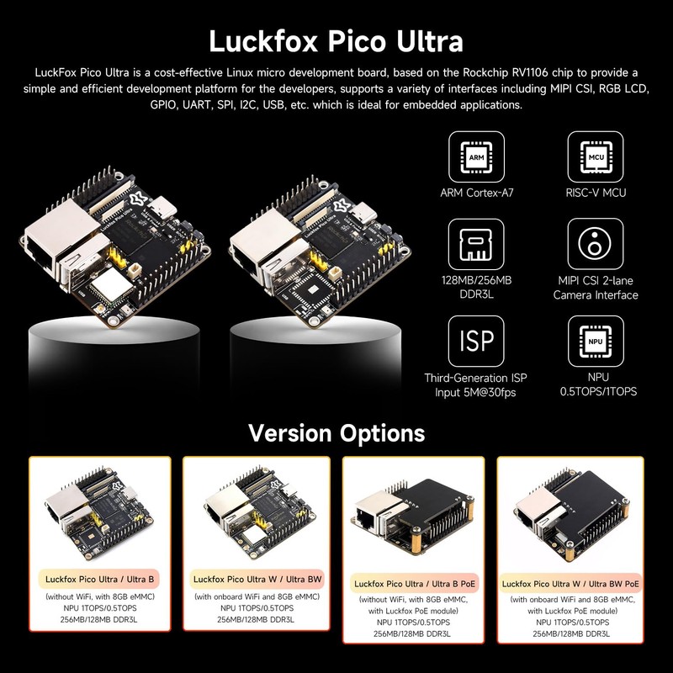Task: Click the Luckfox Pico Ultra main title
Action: coord(336,40)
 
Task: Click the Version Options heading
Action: coord(336,433)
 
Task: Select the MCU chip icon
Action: coord(595,157)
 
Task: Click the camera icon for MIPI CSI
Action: coord(595,245)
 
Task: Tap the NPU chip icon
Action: coord(595,342)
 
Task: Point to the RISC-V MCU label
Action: coord(595,193)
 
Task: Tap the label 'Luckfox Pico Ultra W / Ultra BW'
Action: coord(255,579)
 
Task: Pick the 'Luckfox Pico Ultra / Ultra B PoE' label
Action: coord(418,582)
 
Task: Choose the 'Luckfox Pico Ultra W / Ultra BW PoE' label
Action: coord(572,582)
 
